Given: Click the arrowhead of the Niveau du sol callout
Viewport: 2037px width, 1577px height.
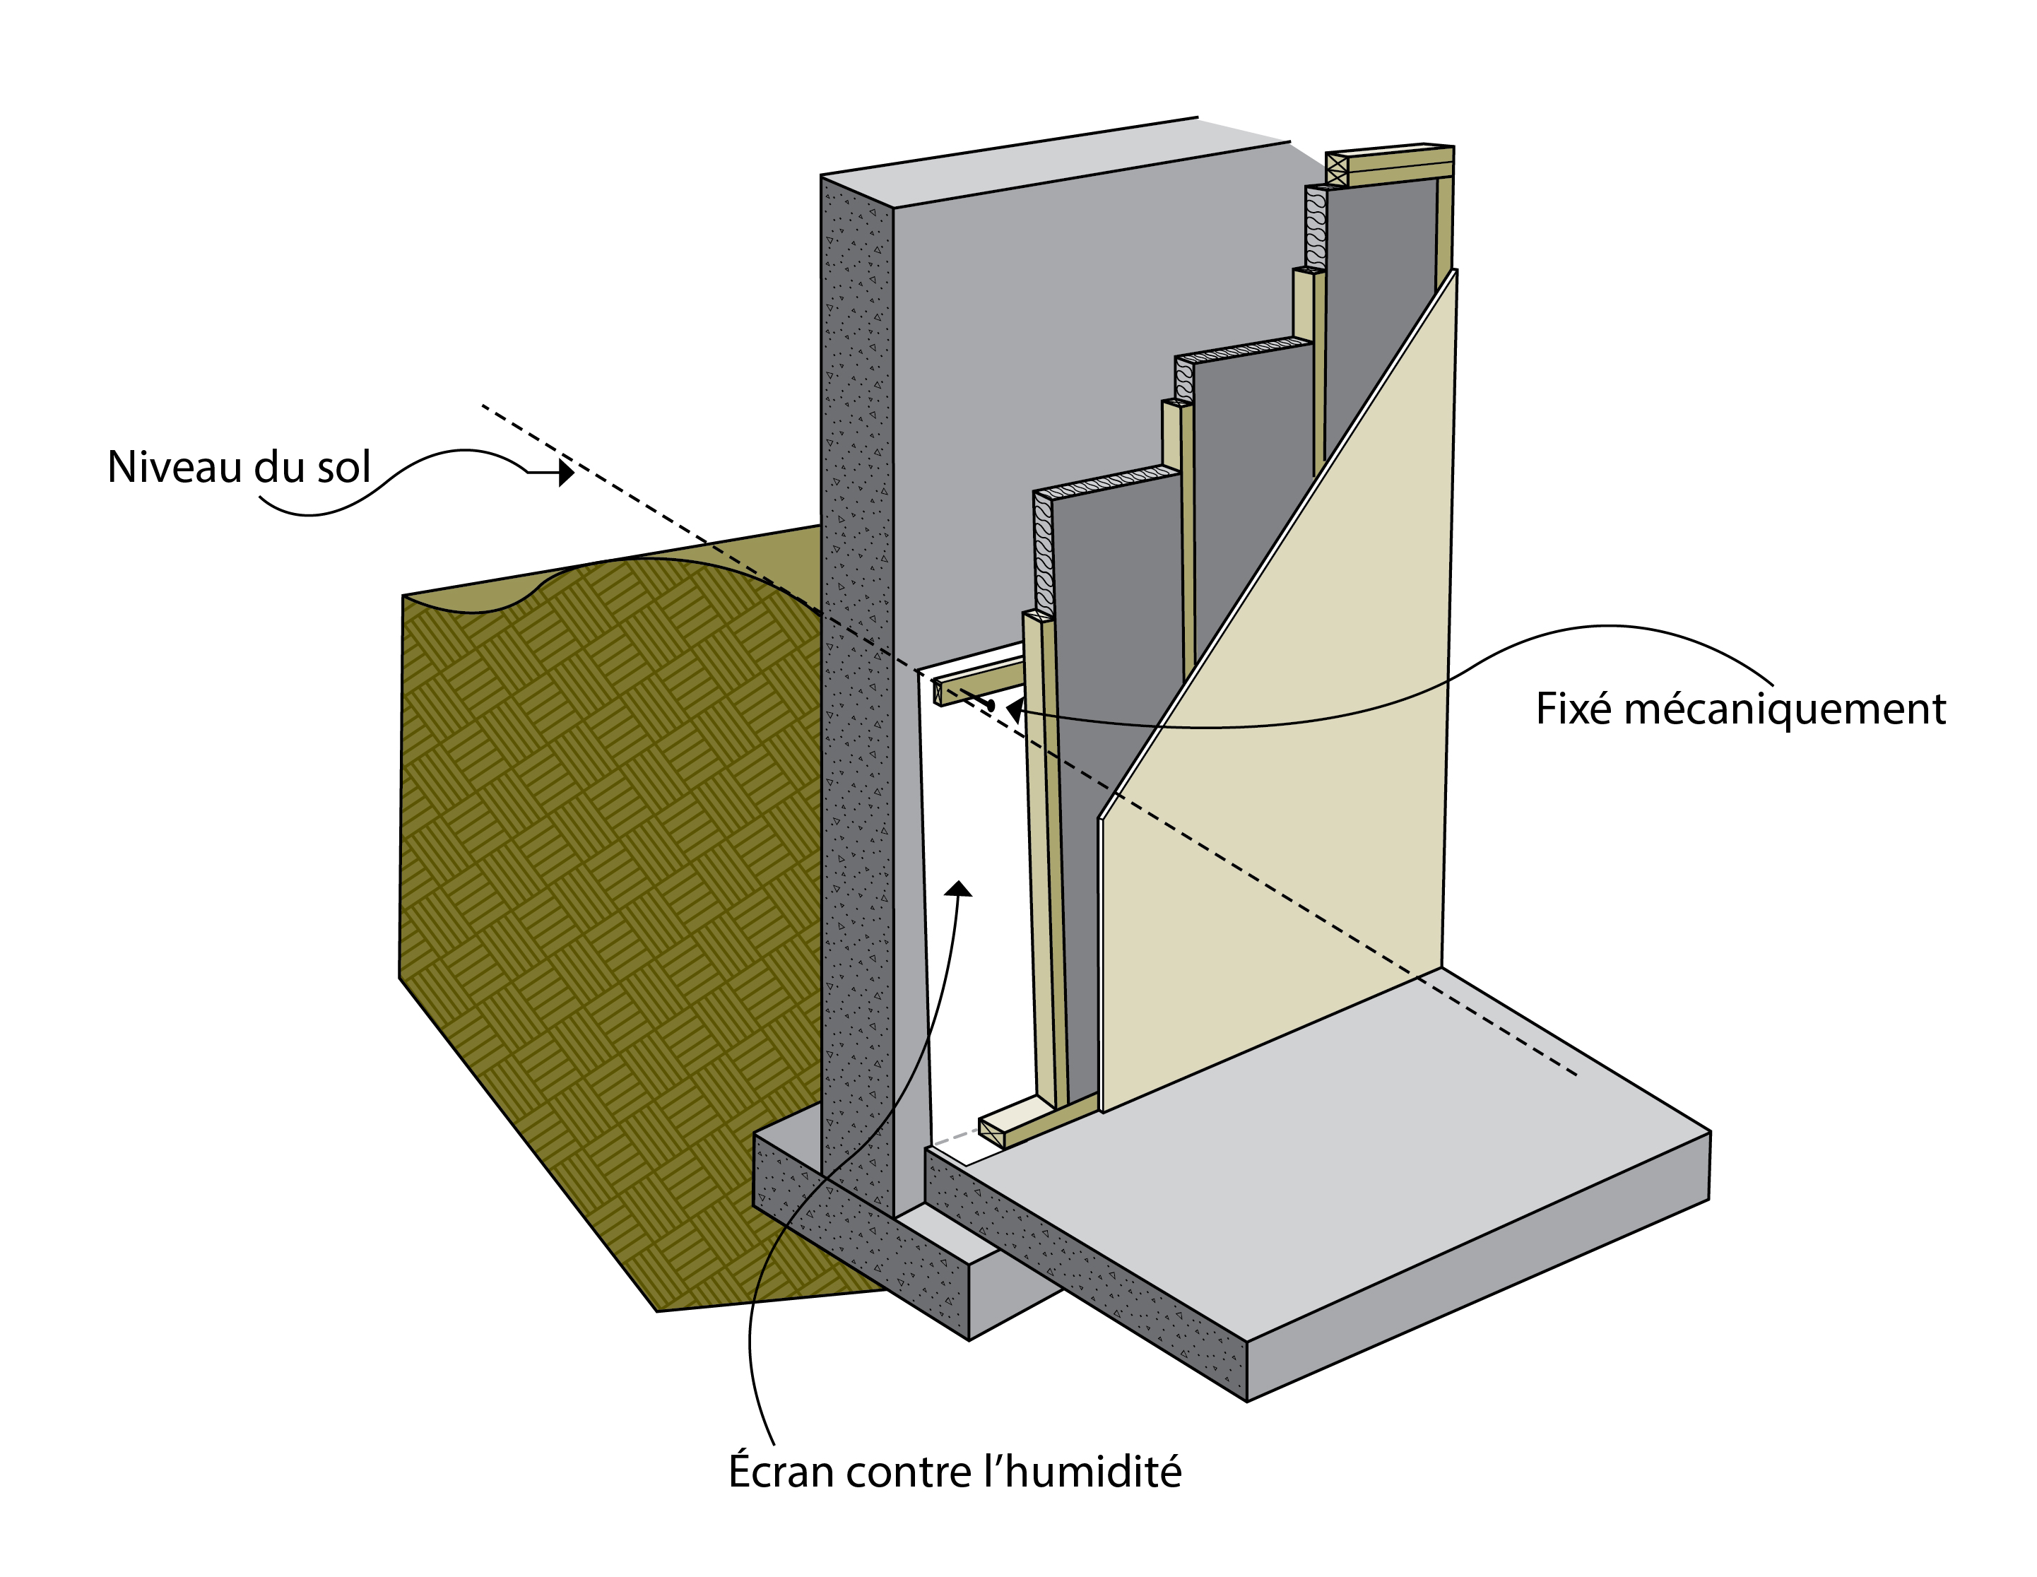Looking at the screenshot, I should (565, 473).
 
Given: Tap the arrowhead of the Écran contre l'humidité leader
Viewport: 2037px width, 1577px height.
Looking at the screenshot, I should (958, 889).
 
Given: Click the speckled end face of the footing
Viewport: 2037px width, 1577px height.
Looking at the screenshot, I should (858, 1250).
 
